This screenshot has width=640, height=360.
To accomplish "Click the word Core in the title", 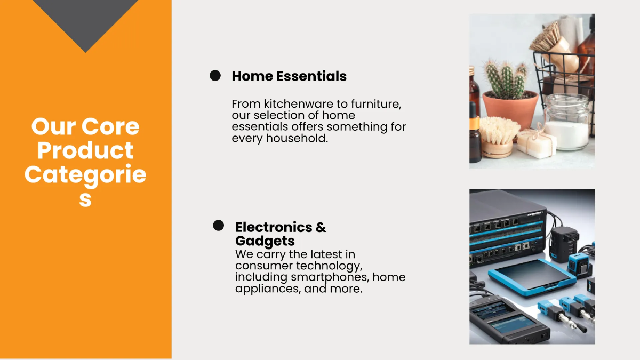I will click(110, 127).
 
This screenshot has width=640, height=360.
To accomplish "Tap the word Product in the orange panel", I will click(85, 151).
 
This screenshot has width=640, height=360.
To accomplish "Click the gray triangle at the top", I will click(85, 21).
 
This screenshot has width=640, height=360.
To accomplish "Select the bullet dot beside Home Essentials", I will click(215, 76).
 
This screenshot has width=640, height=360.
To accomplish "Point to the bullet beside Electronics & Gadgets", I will click(218, 226).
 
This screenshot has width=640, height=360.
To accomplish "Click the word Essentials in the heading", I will click(311, 76).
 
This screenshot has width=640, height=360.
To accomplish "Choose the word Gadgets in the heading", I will click(265, 241).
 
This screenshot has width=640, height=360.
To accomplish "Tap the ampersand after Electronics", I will click(321, 227).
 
